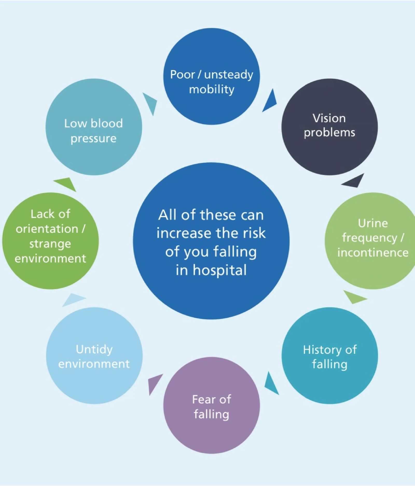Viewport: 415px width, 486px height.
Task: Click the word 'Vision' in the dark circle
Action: coord(329,118)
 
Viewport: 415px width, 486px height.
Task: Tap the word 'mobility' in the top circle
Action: coord(211,89)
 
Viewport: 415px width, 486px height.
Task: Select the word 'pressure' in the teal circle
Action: coord(93,139)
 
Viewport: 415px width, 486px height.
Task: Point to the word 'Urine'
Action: coord(373,223)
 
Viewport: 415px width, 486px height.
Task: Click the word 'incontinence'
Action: coord(373,253)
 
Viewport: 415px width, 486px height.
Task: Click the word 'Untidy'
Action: coord(94,349)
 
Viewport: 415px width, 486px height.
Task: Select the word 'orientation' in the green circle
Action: coord(47,229)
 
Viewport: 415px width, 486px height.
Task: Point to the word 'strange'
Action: coord(50,244)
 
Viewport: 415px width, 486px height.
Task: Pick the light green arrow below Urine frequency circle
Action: coord(354,297)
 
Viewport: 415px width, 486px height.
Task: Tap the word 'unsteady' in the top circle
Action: coord(229,75)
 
